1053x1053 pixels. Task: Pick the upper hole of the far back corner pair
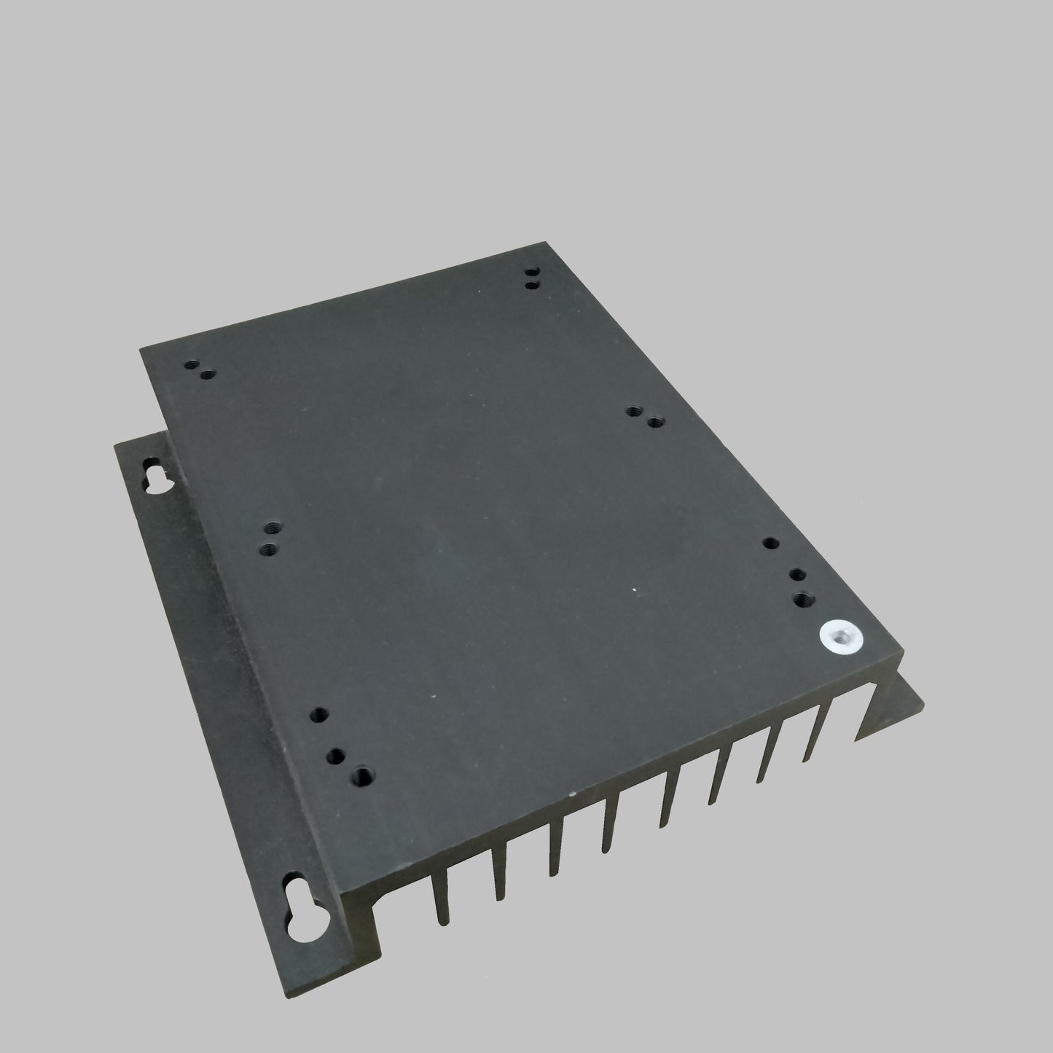coord(530,274)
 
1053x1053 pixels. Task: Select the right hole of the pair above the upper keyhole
coord(208,375)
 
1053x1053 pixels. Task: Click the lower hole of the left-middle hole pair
coord(270,547)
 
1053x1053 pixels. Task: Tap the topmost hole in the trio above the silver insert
coord(771,543)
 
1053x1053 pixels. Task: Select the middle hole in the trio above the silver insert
coord(796,575)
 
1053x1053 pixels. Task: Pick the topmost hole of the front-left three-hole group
coord(317,714)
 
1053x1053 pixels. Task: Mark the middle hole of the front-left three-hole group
coord(337,754)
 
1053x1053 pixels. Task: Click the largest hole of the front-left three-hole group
coord(361,774)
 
